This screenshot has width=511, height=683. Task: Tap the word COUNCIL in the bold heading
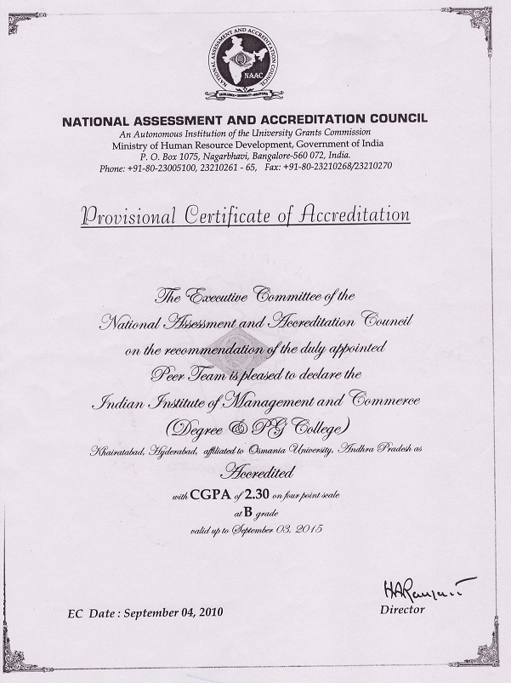[x=397, y=120]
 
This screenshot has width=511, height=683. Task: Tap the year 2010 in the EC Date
[x=209, y=613]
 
